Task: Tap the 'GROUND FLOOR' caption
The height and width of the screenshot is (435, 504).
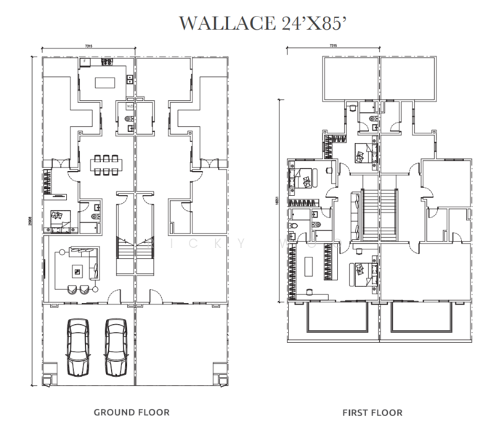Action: coord(131,413)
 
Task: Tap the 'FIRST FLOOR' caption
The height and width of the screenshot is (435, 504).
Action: coord(373,413)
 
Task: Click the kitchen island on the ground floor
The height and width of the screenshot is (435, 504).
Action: coord(102,80)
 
